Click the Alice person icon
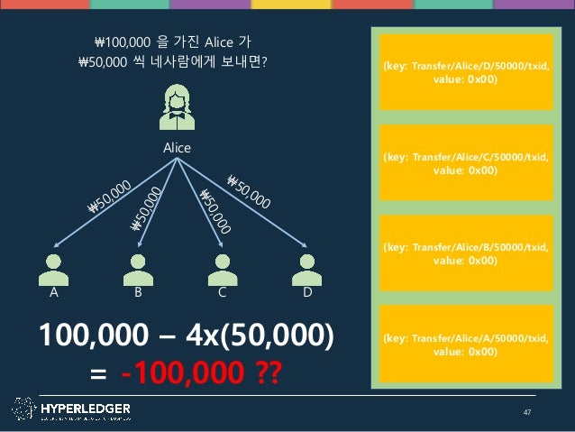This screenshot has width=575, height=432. tap(177, 107)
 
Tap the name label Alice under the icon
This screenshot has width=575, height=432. tap(177, 146)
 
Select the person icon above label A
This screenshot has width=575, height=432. tap(54, 269)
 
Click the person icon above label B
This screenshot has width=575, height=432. tap(138, 269)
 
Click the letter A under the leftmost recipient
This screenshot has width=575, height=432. tap(54, 294)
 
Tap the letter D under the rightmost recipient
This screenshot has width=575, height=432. tap(307, 294)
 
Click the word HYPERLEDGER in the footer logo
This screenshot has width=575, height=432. tap(86, 408)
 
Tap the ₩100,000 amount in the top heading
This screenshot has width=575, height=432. tap(123, 41)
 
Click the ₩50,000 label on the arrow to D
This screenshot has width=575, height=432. tap(248, 192)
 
